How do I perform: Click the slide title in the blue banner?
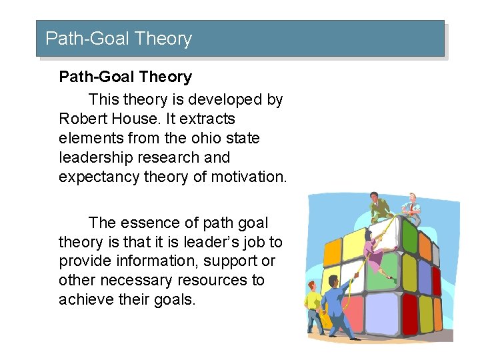coord(119,39)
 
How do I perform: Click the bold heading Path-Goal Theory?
coord(125,77)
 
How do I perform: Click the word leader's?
coord(221,242)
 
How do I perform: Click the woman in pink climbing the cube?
coord(373,253)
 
